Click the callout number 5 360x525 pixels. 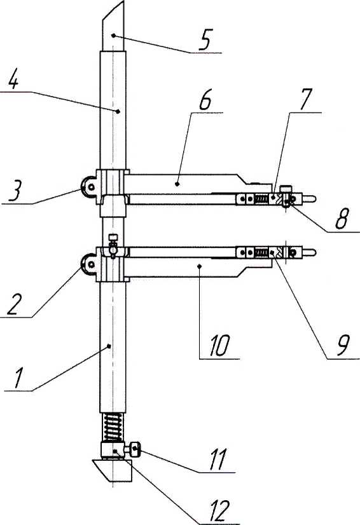click(x=204, y=40)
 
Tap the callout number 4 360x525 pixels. click(x=13, y=80)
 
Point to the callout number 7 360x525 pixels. click(x=305, y=99)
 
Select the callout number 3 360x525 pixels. click(x=15, y=191)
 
